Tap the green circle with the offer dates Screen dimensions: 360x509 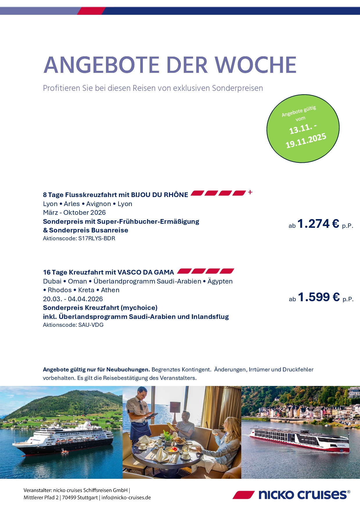pyautogui.click(x=303, y=128)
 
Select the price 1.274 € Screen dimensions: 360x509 pyautogui.click(x=318, y=224)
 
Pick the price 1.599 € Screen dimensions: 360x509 pyautogui.click(x=318, y=297)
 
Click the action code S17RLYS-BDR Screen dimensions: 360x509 pyautogui.click(x=97, y=239)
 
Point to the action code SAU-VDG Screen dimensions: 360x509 pyautogui.click(x=91, y=325)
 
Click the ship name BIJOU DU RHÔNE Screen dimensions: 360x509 pyautogui.click(x=159, y=195)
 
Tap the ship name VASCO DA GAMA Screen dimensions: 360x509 pyautogui.click(x=146, y=272)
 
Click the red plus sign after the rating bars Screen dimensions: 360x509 pyautogui.click(x=250, y=192)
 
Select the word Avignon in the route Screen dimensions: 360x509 pyautogui.click(x=98, y=204)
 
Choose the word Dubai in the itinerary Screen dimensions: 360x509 pyautogui.click(x=52, y=281)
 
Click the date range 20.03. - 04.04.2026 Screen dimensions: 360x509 pyautogui.click(x=73, y=299)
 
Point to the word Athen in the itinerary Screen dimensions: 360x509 pyautogui.click(x=110, y=290)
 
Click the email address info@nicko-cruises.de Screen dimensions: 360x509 pyautogui.click(x=126, y=497)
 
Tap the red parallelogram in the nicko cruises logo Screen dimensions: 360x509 pyautogui.click(x=243, y=495)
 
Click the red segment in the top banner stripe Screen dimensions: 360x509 pyautogui.click(x=91, y=11)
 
